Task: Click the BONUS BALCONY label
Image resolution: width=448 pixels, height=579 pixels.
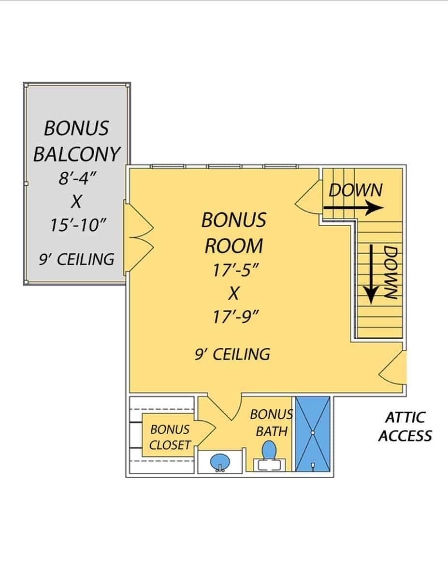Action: coord(76,141)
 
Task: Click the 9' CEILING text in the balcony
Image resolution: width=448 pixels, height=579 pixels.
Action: coord(77,259)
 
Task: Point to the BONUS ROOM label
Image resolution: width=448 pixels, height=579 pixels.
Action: coord(234,233)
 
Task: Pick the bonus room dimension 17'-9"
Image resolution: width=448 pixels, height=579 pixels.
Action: coord(234,317)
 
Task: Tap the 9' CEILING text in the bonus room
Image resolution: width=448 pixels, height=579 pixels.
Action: coord(232,354)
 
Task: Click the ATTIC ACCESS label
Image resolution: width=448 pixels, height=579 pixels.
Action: coord(405,427)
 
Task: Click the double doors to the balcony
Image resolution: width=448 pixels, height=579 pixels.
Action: coord(139,236)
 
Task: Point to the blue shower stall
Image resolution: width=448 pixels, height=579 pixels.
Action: coord(313,433)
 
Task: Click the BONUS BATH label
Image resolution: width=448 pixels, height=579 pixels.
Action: coord(271,423)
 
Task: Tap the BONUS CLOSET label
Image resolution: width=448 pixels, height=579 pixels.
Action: coord(170,437)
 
